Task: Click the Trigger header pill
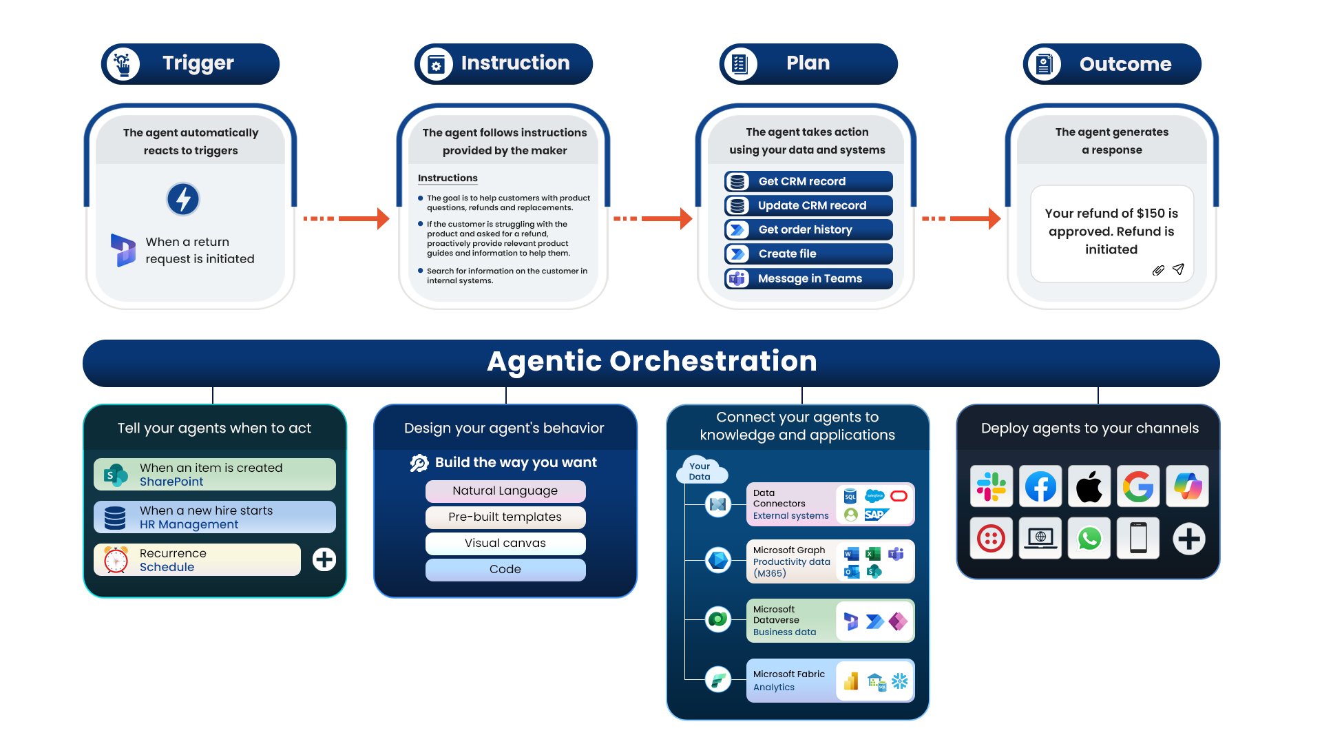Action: pos(190,64)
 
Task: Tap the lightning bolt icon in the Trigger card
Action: pos(183,200)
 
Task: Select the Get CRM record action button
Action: pos(808,181)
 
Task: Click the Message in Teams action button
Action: pos(808,278)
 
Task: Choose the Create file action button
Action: pos(808,254)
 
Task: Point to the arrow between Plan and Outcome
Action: pos(961,218)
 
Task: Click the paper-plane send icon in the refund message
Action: pos(1178,269)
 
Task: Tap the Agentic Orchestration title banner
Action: pos(651,362)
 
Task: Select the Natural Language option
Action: pos(505,491)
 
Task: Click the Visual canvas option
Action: pos(505,544)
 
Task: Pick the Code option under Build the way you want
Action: pos(505,570)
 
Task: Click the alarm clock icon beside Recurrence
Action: pos(116,559)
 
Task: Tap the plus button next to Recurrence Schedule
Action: pos(324,559)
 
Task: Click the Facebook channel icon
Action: pos(1040,486)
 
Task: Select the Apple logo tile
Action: pos(1089,486)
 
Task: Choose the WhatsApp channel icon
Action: pos(1089,539)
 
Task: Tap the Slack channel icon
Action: pos(992,486)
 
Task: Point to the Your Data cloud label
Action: pos(700,471)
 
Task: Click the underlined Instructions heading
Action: pos(448,178)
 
